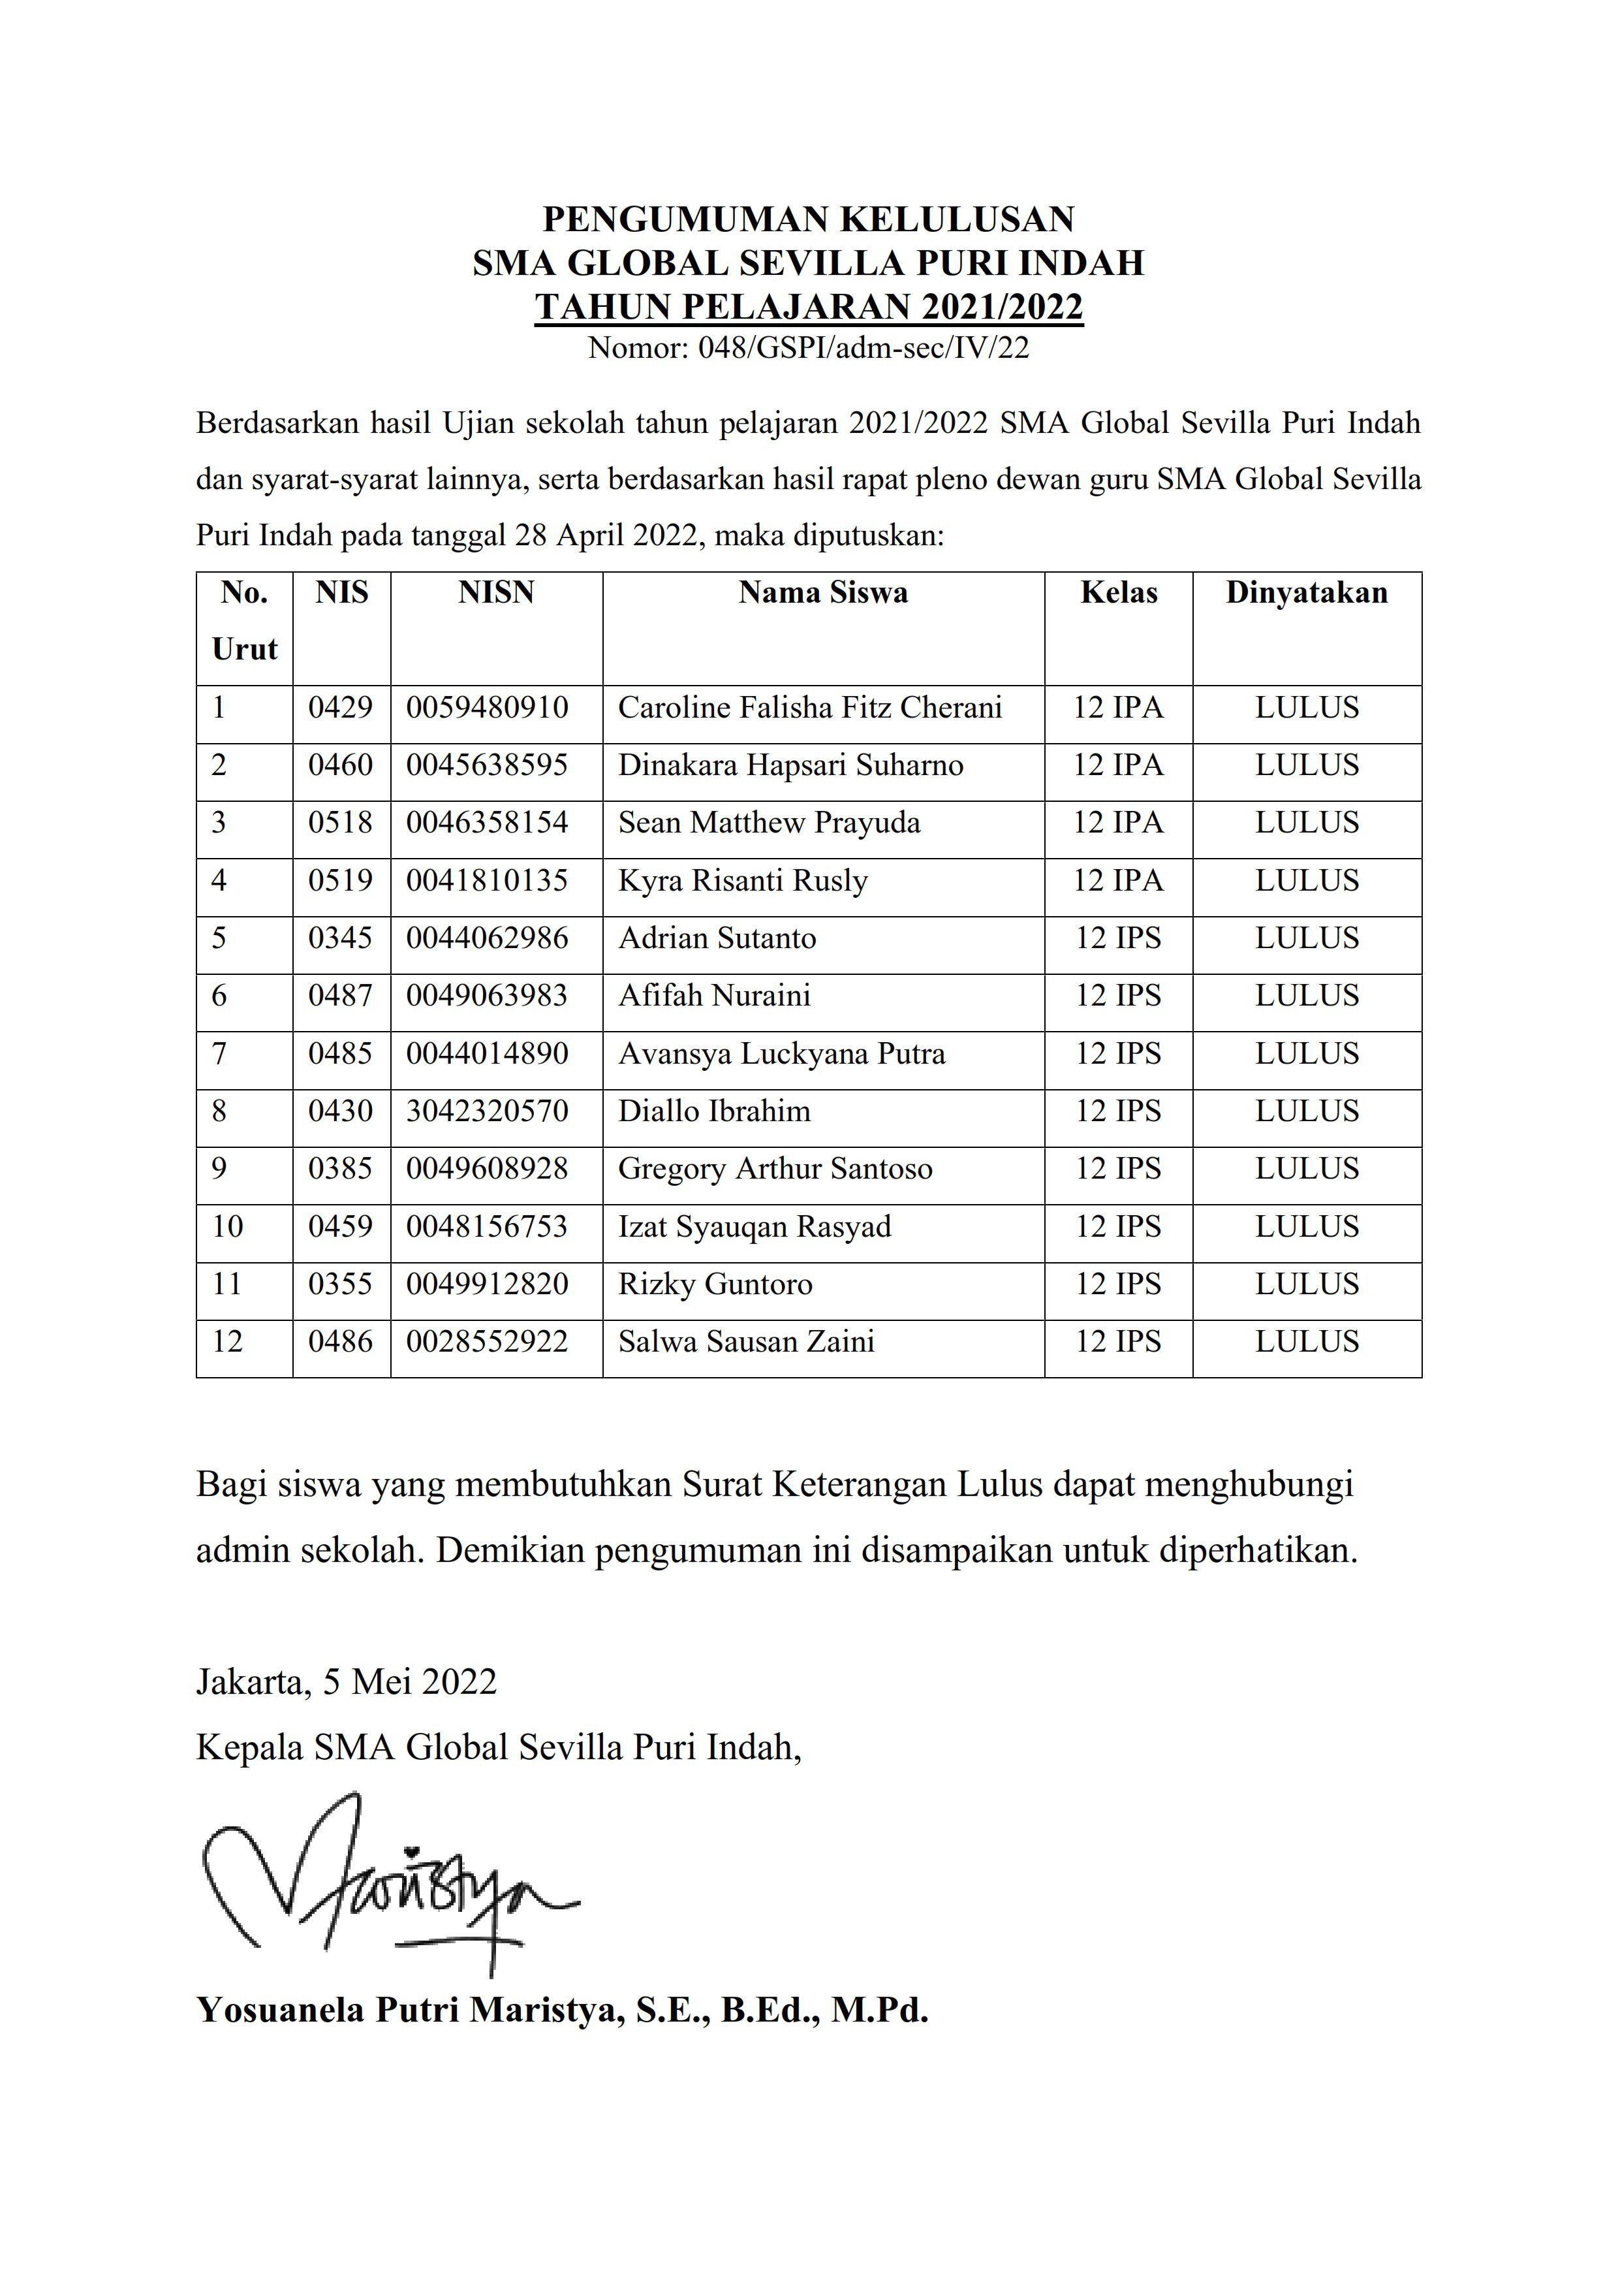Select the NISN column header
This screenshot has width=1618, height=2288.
point(496,593)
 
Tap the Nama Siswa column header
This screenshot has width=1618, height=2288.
point(823,593)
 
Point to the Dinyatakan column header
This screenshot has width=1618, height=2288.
point(1306,593)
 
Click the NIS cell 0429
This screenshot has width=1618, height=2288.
point(340,708)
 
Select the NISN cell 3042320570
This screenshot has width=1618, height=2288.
point(487,1111)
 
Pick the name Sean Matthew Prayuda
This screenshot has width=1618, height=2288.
point(769,823)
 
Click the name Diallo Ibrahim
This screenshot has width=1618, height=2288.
point(714,1111)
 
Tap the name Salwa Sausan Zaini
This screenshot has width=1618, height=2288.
point(746,1343)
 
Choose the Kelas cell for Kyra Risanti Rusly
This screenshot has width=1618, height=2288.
point(1118,881)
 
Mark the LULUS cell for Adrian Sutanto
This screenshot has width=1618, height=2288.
point(1306,939)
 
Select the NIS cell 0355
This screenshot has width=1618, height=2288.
point(340,1284)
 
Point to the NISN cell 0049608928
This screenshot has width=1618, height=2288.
point(487,1169)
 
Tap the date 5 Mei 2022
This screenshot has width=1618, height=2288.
point(409,1682)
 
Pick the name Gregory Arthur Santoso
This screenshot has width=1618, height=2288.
point(775,1169)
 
